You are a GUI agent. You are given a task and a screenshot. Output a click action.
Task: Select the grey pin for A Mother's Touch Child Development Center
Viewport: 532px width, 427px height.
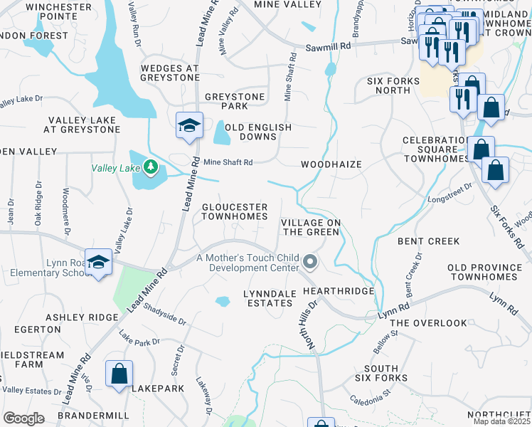coord(309,263)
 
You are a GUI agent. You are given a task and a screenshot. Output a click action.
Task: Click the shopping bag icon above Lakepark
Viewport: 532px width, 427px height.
coord(119,373)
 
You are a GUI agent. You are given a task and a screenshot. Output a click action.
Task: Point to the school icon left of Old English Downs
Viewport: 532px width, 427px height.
coord(189,125)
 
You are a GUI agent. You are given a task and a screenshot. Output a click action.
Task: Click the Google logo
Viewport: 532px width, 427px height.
coord(24,418)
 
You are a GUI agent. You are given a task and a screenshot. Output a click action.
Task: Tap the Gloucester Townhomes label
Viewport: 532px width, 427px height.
coord(235,211)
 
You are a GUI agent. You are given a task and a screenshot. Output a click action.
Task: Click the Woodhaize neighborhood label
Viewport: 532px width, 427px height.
coord(331,164)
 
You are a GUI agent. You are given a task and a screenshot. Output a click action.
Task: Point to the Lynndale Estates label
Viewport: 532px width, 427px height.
coord(257,298)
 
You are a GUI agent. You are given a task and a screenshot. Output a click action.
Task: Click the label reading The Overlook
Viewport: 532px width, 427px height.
coord(429,323)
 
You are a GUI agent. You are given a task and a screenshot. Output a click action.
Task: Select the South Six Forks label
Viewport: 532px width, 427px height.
coord(381,373)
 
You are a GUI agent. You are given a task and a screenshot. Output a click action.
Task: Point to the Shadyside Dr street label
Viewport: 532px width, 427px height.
coord(164,313)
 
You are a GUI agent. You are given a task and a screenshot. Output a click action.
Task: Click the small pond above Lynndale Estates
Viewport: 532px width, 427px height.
coord(223,301)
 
